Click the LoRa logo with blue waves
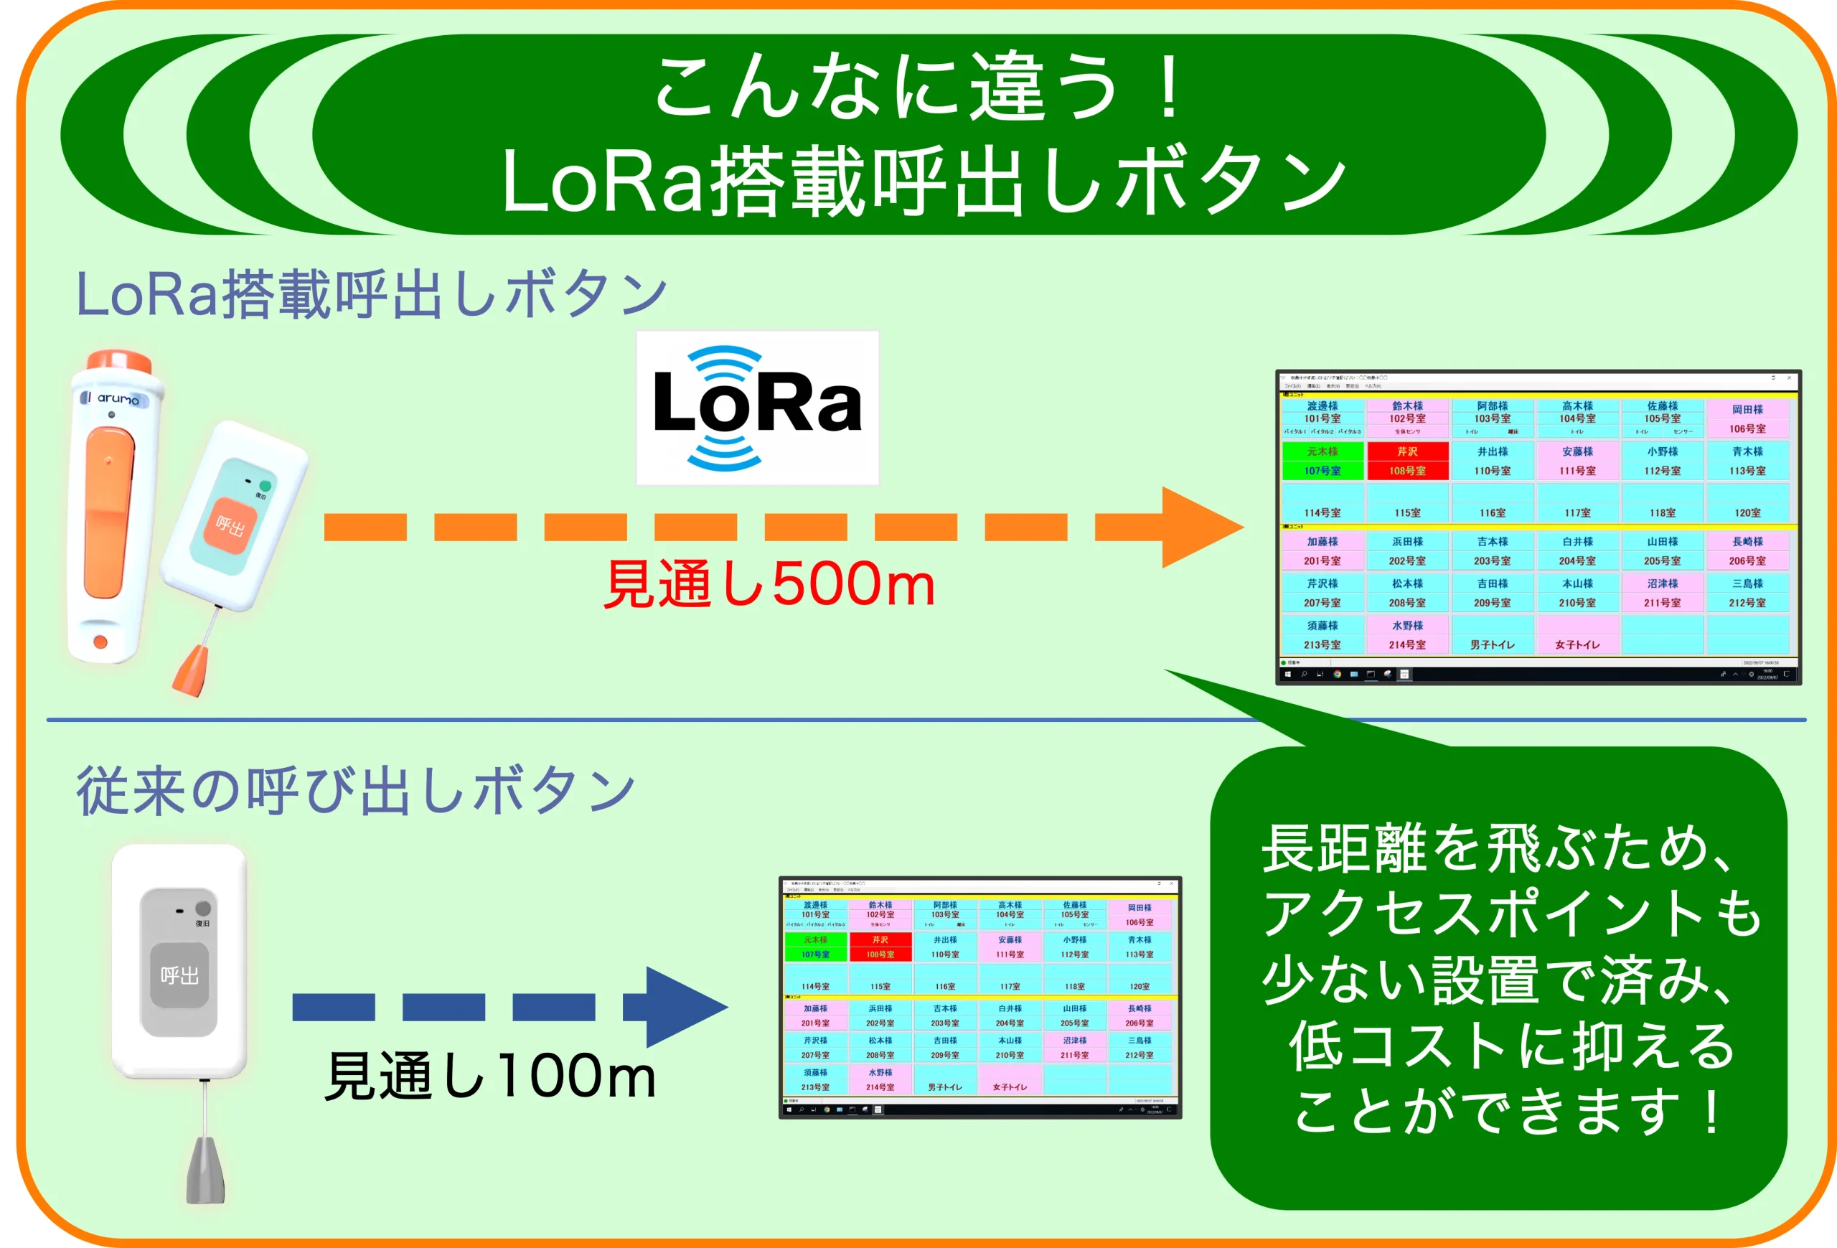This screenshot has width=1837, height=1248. coord(756,407)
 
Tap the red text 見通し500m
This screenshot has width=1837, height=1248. coord(769,584)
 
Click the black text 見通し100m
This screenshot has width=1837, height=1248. coord(491,1076)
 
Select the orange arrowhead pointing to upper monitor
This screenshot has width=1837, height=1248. coord(1199,527)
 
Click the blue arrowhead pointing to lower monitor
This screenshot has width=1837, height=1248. coord(684,1006)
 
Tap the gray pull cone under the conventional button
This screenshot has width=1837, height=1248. coord(205,1170)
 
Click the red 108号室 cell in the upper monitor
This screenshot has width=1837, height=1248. coord(1407,461)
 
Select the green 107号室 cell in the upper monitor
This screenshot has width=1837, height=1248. coord(1322,461)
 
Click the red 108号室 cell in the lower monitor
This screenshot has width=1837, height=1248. coord(880,947)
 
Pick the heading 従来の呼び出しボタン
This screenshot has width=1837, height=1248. coord(356,790)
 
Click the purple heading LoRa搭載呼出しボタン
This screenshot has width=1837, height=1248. coord(372,294)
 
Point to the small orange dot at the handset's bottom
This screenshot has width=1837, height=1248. coord(100,642)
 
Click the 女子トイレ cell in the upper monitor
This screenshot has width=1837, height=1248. coord(1577,644)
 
